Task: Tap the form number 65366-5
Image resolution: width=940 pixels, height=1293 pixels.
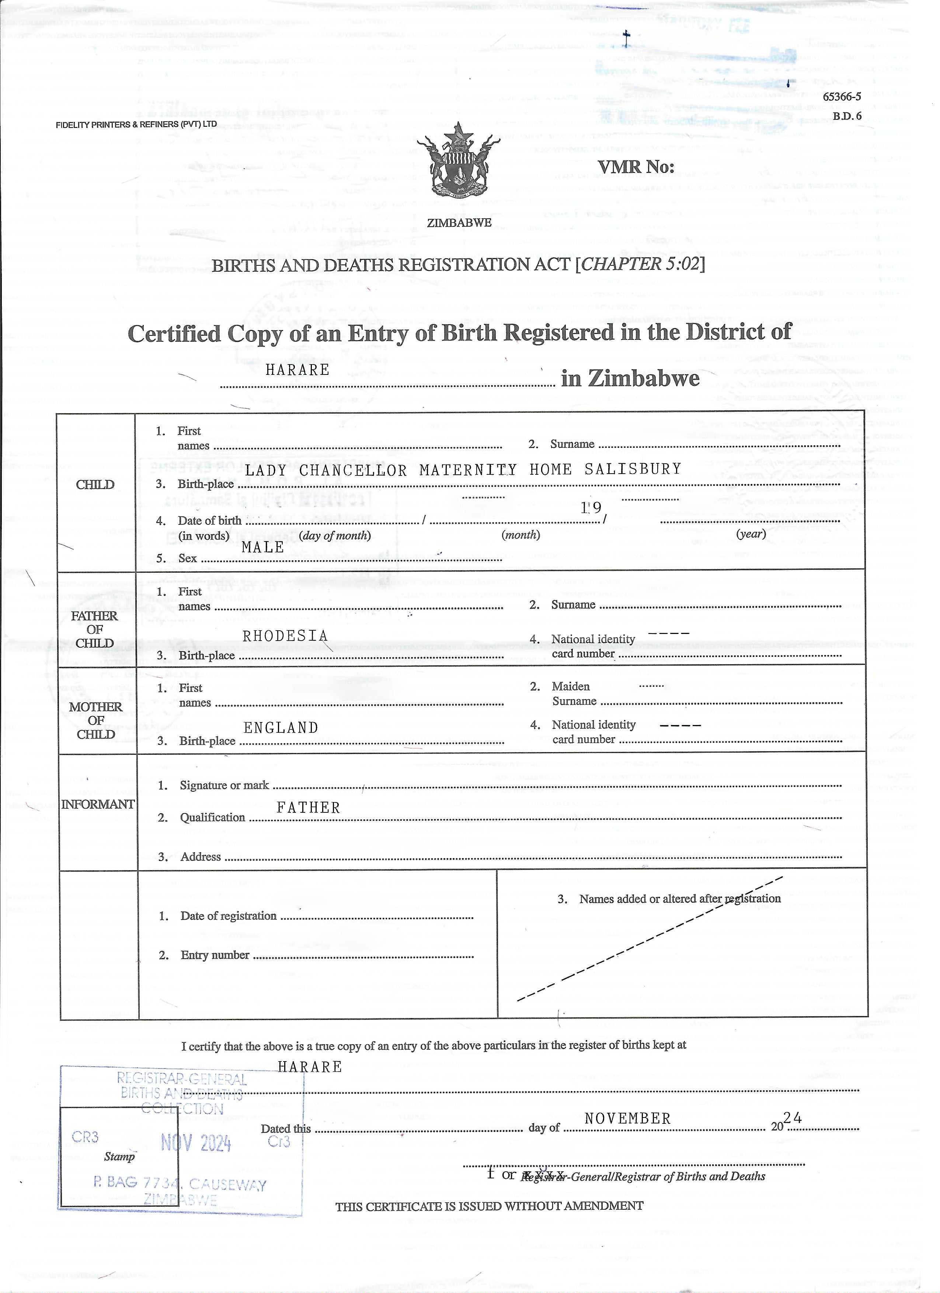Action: [x=841, y=97]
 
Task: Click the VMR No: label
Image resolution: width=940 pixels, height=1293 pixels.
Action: [x=636, y=167]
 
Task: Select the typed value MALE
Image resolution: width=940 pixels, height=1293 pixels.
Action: [x=263, y=547]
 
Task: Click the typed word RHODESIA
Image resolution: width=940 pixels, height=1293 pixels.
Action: [x=285, y=636]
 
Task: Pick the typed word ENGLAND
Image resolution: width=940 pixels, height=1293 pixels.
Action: [x=281, y=728]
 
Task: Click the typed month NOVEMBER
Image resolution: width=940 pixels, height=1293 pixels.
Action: [x=628, y=1119]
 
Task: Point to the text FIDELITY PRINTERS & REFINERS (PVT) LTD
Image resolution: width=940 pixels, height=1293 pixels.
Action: [x=136, y=124]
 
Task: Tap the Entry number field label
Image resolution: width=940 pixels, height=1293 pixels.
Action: [x=215, y=955]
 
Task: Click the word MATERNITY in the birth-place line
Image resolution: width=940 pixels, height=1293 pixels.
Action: [x=467, y=470]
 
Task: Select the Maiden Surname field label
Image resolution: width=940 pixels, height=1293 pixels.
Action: [x=574, y=694]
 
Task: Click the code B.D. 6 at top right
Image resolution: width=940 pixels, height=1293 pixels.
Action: [x=846, y=116]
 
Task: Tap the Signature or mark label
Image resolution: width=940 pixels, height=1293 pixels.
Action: [x=224, y=785]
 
